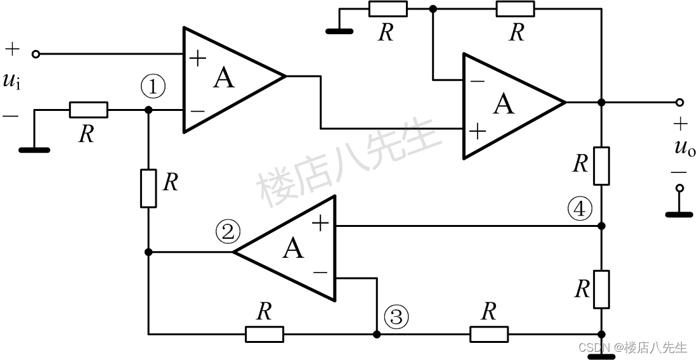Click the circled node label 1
coord(153,87)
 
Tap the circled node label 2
coord(228,232)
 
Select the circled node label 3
coord(396,316)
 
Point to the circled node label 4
coord(580,208)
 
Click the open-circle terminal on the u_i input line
coord(36,55)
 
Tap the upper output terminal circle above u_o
coord(680,102)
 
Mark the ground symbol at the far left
coord(34,150)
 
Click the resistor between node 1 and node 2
coord(148,188)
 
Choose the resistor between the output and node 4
coord(601,165)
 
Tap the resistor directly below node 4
coord(601,289)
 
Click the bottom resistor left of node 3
coord(264,333)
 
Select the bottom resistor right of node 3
coord(488,333)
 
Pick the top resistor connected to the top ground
coord(388,9)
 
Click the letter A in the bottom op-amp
coord(293,248)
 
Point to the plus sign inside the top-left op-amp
coord(199,60)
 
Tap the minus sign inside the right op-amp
coord(477,81)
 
